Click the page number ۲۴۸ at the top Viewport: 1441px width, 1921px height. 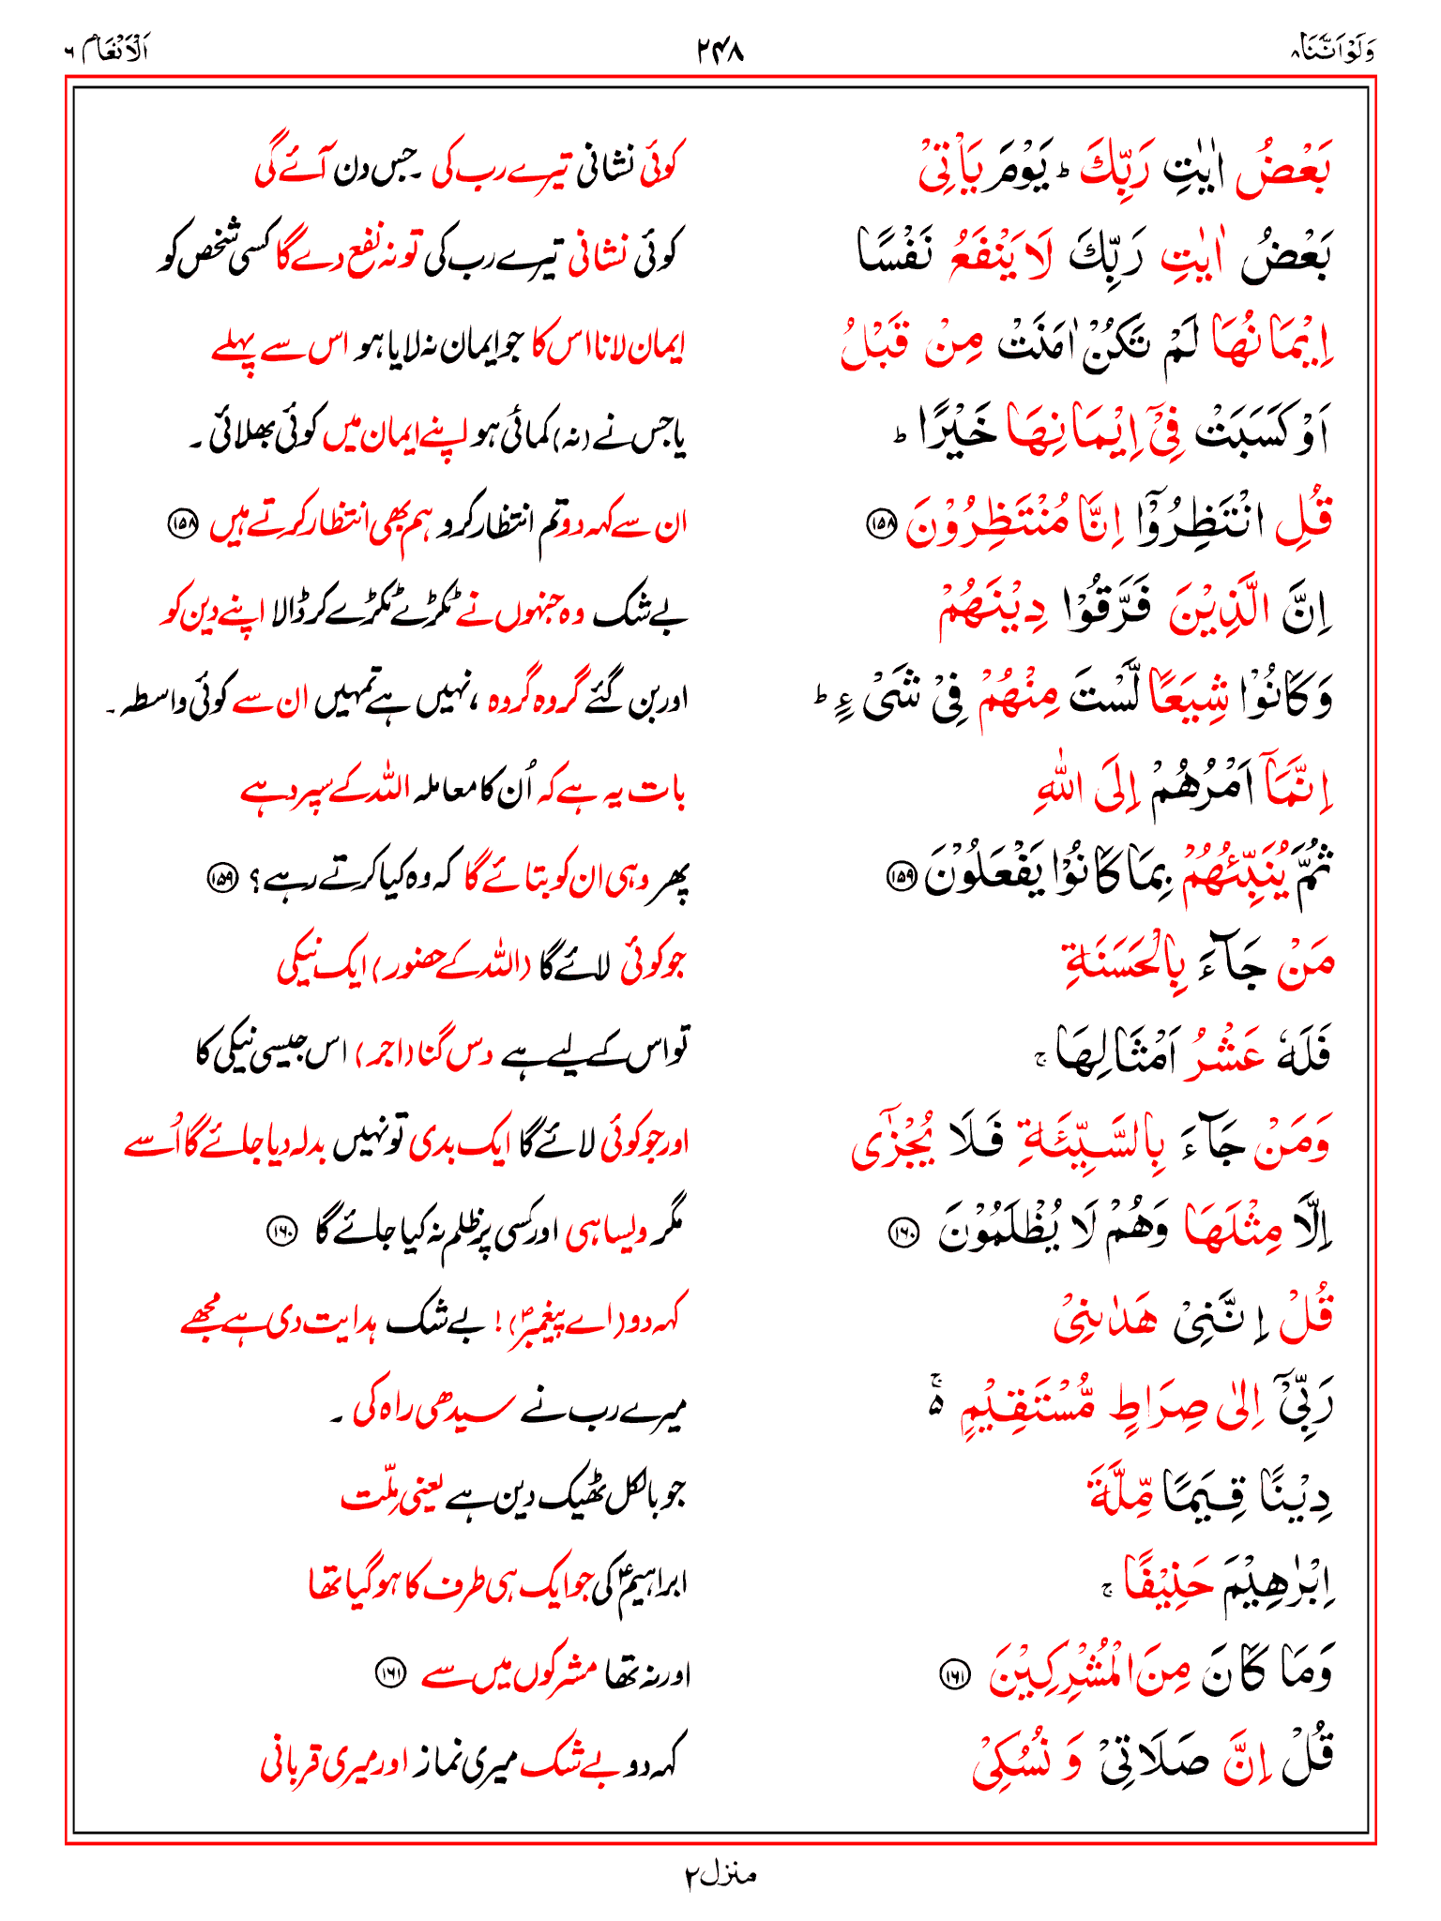pos(720,50)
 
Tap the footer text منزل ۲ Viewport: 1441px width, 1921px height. pos(720,1875)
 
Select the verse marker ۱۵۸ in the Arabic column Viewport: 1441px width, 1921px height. pos(881,524)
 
